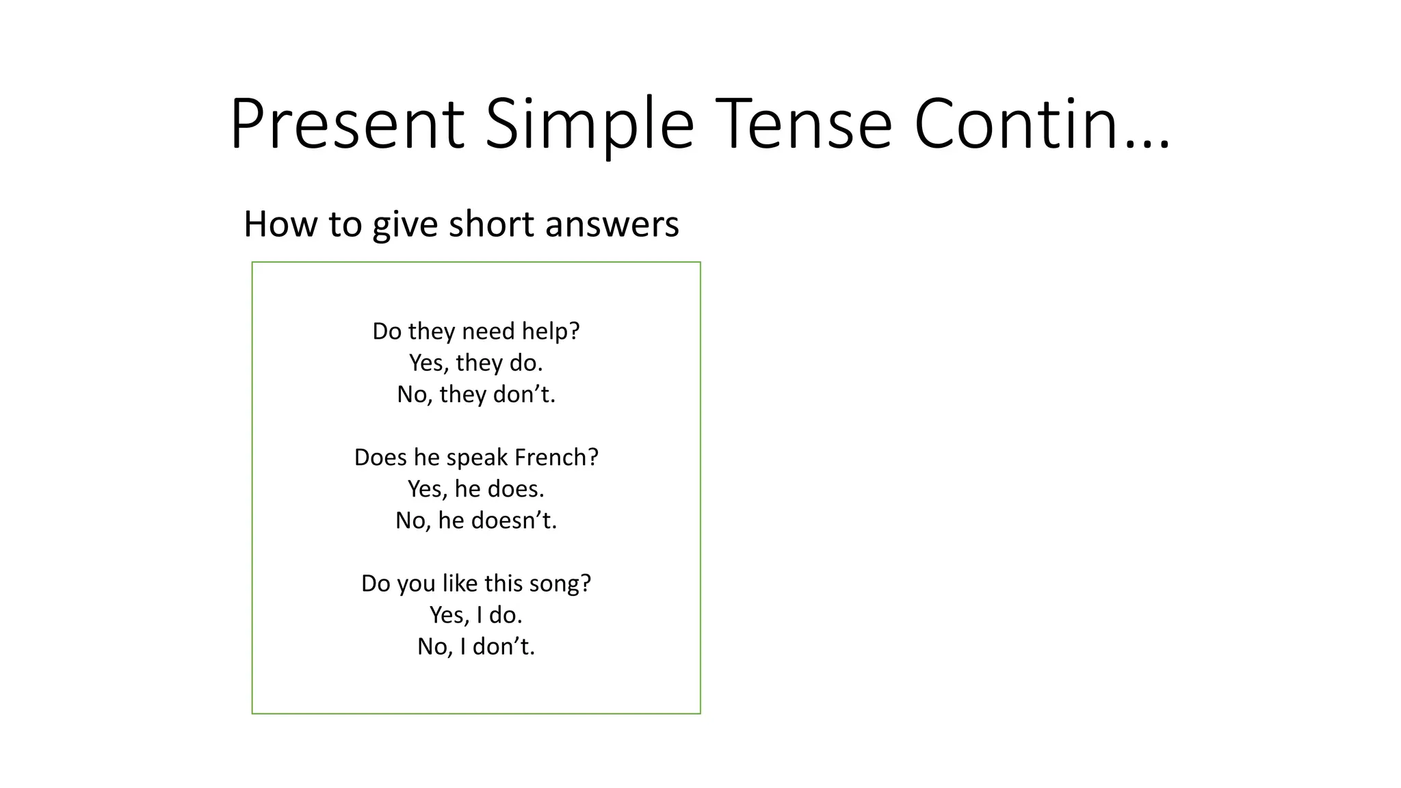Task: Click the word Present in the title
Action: tap(348, 124)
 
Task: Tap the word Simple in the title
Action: tap(590, 124)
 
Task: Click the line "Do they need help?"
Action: tap(476, 331)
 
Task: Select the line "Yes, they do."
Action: tap(476, 363)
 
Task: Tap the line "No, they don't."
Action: tap(476, 394)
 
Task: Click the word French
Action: tap(556, 457)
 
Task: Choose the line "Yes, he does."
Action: tap(476, 488)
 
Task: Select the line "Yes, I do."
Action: tap(476, 615)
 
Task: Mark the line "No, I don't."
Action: tap(476, 646)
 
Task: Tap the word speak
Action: tap(477, 457)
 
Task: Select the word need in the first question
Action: tap(488, 331)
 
